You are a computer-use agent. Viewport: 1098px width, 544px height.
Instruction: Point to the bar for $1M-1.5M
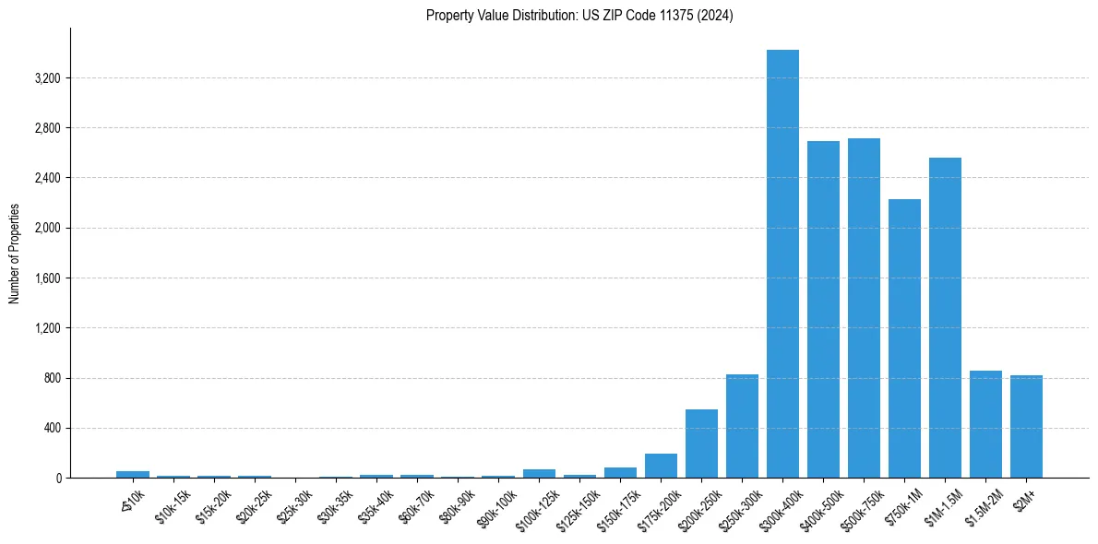(x=945, y=318)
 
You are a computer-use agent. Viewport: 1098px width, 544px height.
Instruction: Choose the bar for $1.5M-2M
(x=985, y=424)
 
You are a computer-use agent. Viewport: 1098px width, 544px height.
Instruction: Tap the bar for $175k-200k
(x=661, y=466)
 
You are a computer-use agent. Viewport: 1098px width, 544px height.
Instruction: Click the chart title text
(x=579, y=16)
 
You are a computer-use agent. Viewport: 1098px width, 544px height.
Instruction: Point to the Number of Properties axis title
(x=15, y=253)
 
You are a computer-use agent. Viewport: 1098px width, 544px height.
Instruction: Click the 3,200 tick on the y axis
(x=47, y=78)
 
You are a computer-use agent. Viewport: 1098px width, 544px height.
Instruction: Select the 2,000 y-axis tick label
(x=47, y=228)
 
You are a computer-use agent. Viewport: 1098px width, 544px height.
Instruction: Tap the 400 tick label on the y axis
(x=52, y=428)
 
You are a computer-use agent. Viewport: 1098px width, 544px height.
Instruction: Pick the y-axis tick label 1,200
(x=47, y=328)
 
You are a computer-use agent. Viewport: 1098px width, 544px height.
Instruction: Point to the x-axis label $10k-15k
(x=173, y=503)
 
